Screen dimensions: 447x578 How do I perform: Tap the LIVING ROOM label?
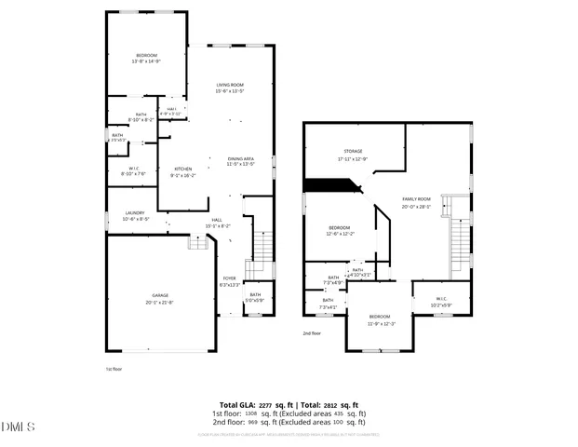click(230, 85)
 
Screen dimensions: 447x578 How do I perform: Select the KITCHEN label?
click(183, 169)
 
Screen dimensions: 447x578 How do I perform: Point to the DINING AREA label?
click(240, 158)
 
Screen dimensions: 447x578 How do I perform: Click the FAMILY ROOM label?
click(416, 199)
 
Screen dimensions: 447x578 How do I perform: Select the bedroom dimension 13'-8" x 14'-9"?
click(147, 61)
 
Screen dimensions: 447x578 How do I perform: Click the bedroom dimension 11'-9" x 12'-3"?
click(382, 323)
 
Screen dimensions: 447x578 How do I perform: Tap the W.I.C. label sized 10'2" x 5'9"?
click(440, 305)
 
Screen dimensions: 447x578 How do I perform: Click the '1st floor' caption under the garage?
click(114, 368)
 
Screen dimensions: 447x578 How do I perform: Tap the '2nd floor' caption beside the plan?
click(312, 332)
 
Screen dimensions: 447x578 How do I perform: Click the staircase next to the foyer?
click(263, 247)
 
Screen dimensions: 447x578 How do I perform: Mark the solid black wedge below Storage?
click(331, 186)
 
